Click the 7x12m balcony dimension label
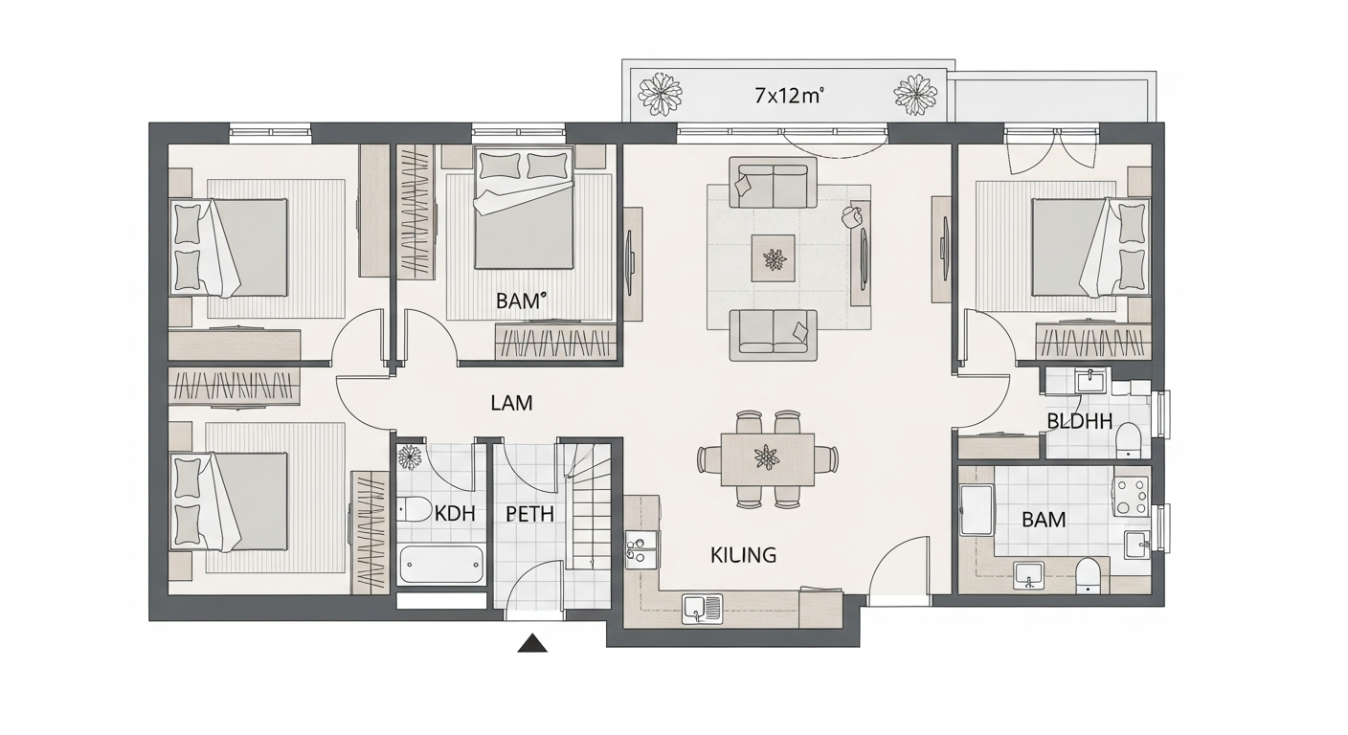click(x=789, y=95)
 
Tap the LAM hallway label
click(x=511, y=403)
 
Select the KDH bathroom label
click(x=455, y=513)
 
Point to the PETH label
click(x=529, y=514)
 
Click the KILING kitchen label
click(x=743, y=554)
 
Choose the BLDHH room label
click(x=1079, y=420)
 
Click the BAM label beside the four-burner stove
click(x=1044, y=520)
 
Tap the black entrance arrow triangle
click(x=532, y=643)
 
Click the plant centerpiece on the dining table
click(x=767, y=457)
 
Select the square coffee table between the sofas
click(x=773, y=258)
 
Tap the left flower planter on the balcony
click(x=662, y=94)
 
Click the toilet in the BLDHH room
click(x=1129, y=439)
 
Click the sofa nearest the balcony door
click(x=772, y=183)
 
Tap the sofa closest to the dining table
click(x=773, y=334)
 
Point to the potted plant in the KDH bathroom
click(x=411, y=457)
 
